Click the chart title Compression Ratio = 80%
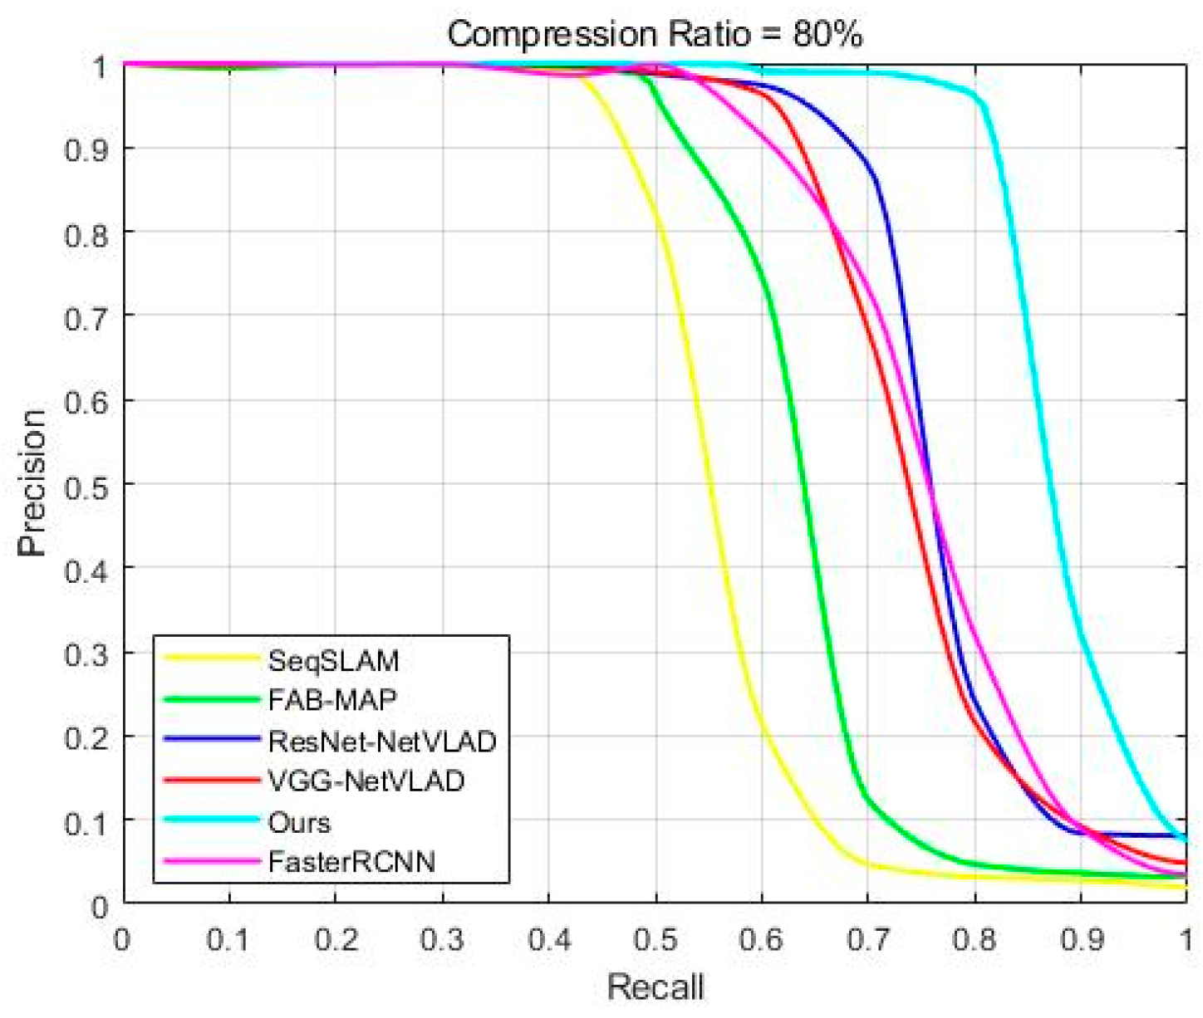pos(655,35)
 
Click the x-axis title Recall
pos(655,988)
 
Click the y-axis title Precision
pos(32,482)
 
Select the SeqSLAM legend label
pos(333,661)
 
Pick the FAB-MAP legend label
pos(331,701)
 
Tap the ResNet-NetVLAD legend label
pos(381,741)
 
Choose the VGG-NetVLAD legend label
pos(366,781)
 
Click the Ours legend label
pos(299,822)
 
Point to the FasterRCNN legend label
pos(351,862)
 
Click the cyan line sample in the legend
pos(212,820)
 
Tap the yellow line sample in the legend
pos(212,658)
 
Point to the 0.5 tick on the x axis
pos(656,940)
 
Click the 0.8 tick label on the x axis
pos(975,940)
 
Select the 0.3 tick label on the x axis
pos(442,940)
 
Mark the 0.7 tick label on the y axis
pos(86,316)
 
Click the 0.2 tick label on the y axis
pos(86,737)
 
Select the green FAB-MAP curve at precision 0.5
pos(804,484)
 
